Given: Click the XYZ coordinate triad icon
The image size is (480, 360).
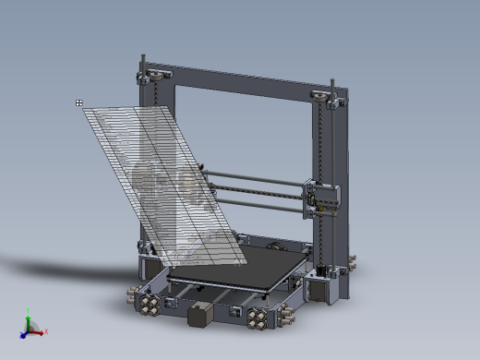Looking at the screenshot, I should click(x=30, y=326).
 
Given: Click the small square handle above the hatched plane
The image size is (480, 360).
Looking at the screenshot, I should click(x=79, y=102).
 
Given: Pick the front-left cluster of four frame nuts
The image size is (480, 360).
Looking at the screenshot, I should click(x=146, y=302).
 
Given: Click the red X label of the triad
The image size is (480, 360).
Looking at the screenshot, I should click(x=45, y=330).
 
